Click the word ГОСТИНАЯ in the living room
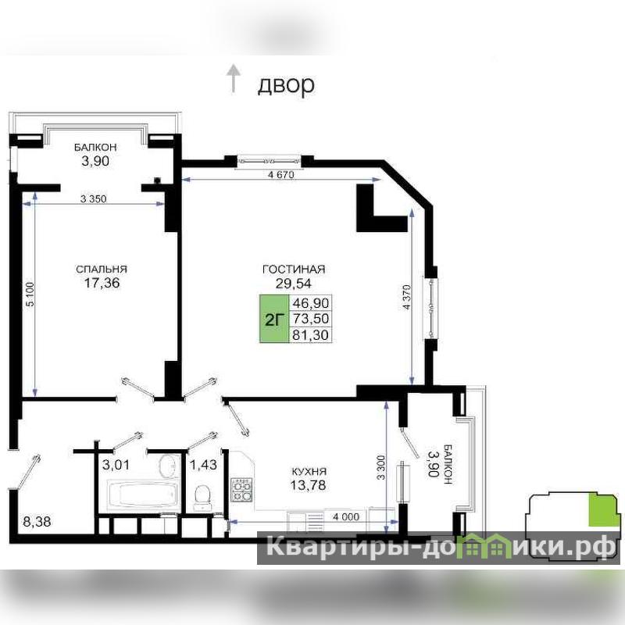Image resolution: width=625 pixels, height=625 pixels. click(x=294, y=270)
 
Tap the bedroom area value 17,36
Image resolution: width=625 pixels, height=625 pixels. click(x=102, y=283)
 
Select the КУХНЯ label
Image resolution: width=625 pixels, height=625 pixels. click(x=309, y=472)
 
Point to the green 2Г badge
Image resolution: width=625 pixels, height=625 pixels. click(x=274, y=319)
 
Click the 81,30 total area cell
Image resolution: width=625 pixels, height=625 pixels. click(x=310, y=335)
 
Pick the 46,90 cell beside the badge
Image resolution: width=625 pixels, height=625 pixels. click(x=310, y=303)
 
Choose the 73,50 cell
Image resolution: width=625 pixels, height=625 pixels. click(x=310, y=319)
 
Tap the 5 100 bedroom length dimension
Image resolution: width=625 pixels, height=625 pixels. click(x=30, y=295)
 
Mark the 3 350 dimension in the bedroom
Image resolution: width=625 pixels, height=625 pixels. click(x=93, y=199)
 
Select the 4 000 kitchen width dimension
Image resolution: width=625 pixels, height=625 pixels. click(x=346, y=517)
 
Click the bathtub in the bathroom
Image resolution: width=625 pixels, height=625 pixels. click(x=142, y=495)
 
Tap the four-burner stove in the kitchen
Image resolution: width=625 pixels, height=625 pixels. click(x=242, y=490)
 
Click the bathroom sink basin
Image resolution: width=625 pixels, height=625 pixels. click(x=168, y=466)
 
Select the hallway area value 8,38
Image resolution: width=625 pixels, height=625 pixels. click(x=37, y=521)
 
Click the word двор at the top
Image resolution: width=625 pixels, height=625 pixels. click(x=286, y=85)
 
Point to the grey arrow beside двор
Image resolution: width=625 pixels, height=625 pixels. click(x=233, y=79)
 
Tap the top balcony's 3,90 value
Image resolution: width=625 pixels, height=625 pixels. click(x=95, y=162)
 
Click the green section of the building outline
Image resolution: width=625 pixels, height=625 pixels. click(x=605, y=509)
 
